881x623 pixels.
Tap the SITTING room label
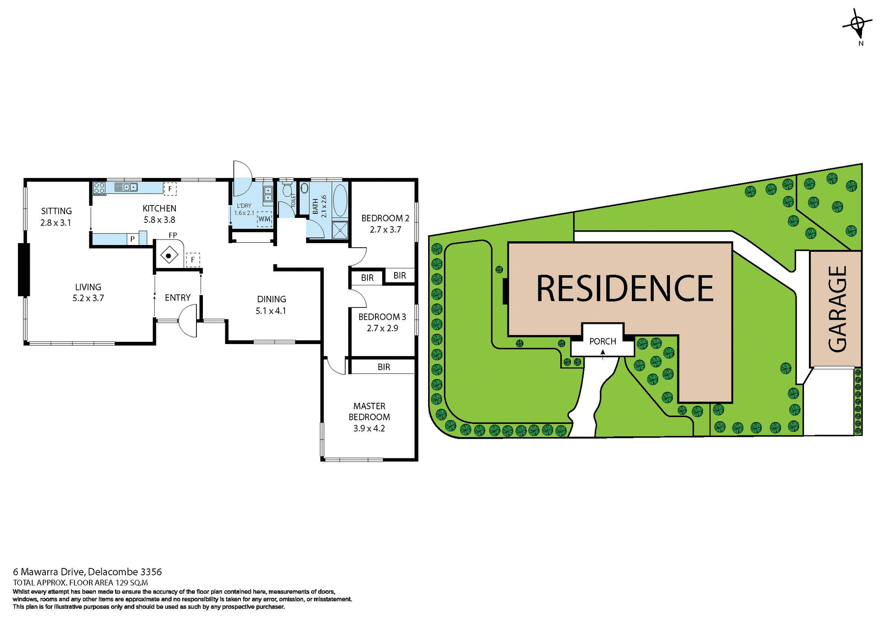[56, 211]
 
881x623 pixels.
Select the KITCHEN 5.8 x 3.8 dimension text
[159, 220]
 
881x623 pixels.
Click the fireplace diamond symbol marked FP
[169, 256]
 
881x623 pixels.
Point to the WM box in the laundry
[264, 219]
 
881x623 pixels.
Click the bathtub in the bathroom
[340, 200]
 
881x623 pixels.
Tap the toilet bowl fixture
[287, 190]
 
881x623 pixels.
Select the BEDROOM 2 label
[385, 218]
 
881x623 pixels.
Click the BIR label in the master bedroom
[384, 367]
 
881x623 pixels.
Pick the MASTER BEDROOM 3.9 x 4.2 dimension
[369, 428]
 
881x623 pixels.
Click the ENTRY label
[178, 298]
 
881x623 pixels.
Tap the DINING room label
[271, 299]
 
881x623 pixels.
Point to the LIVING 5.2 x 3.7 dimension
[88, 298]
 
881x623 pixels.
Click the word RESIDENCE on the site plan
[625, 289]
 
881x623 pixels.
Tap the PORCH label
[602, 341]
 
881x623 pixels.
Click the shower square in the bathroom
[340, 230]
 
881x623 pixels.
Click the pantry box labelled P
[133, 239]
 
